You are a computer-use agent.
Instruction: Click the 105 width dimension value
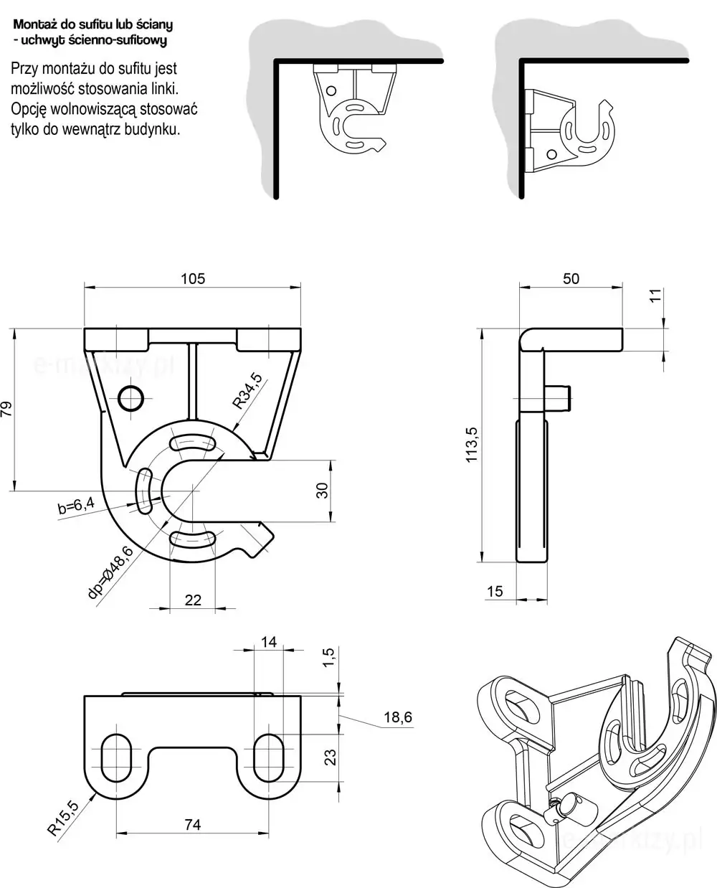192,278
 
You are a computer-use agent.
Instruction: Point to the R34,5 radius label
248,390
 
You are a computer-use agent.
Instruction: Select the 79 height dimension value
7,409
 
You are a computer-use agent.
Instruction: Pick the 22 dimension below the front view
193,600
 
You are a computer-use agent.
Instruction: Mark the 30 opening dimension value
322,490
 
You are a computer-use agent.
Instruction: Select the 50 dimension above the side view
571,278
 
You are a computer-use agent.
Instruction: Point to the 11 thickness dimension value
654,296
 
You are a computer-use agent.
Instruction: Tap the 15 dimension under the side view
495,592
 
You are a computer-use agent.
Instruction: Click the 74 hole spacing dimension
192,825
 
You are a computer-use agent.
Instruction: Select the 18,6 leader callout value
398,717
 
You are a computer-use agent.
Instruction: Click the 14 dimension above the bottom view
268,642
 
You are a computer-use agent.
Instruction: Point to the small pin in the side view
560,397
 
